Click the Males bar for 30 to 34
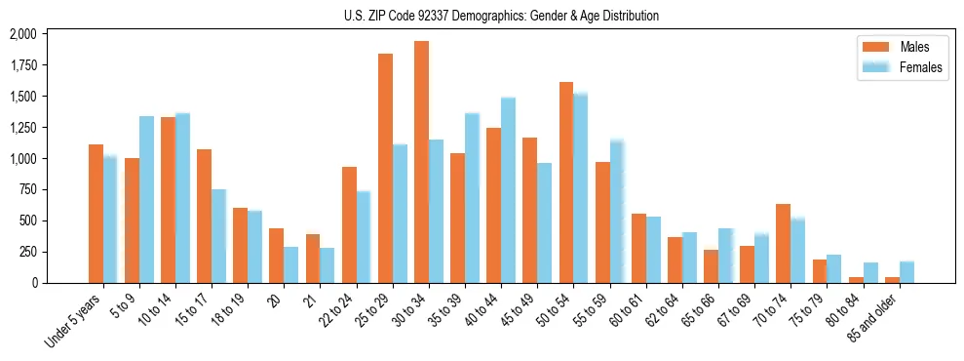[421, 162]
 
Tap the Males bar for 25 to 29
[385, 168]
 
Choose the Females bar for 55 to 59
[616, 212]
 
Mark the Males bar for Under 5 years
[96, 214]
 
